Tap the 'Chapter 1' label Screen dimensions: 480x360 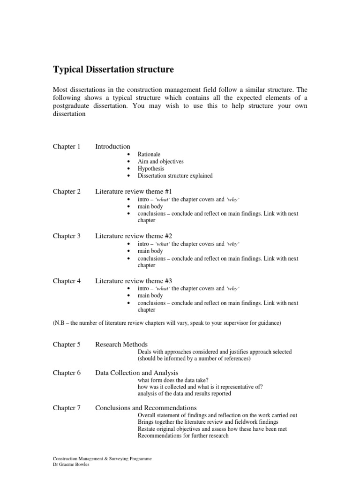(67, 147)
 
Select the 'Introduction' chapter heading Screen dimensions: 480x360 (112, 147)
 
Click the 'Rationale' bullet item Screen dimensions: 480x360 (149, 154)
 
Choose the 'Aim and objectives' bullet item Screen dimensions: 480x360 (160, 161)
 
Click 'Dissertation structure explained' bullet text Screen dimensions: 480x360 (175, 176)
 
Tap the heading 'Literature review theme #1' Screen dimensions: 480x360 (134, 191)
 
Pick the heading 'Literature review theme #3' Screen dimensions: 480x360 (134, 281)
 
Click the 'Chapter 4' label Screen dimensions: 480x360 (67, 281)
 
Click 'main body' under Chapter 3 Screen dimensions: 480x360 (150, 251)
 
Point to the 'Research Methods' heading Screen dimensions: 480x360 (121, 345)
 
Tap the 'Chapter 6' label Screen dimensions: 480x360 (67, 373)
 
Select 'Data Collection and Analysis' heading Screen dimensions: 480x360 (137, 373)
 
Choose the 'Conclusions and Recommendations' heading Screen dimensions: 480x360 (146, 408)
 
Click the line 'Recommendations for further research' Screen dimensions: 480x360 (183, 436)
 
